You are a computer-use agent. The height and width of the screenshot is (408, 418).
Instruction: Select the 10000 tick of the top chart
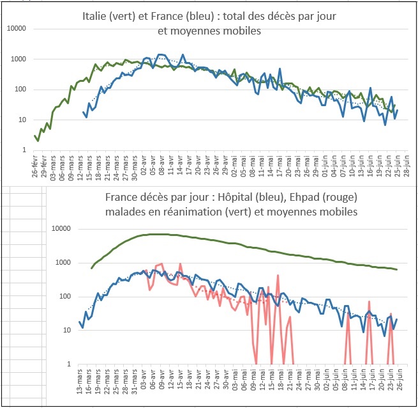click(x=16, y=29)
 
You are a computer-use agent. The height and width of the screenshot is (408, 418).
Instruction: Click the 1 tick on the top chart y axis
click(x=24, y=150)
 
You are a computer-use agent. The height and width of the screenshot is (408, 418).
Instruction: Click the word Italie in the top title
click(x=96, y=17)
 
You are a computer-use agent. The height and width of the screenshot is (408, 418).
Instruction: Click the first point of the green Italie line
click(x=36, y=136)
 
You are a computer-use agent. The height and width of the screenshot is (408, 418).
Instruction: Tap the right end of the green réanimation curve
click(x=396, y=269)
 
